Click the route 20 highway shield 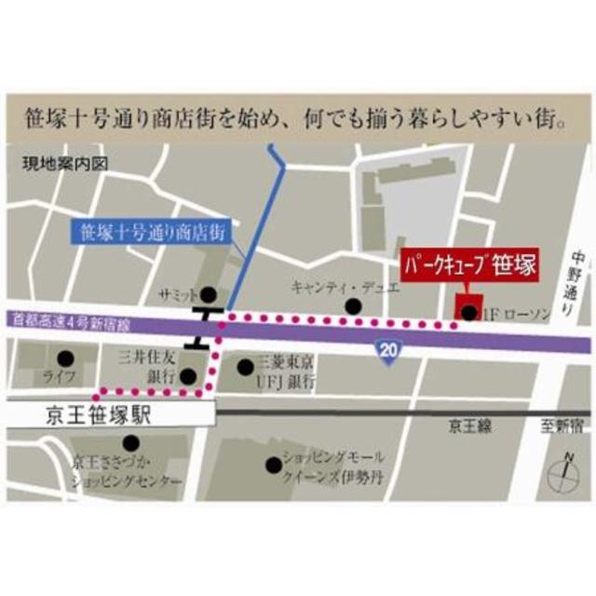[x=389, y=350]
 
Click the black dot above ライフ [x=64, y=358]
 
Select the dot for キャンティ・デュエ [x=352, y=305]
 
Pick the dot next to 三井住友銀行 [x=188, y=376]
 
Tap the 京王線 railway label [x=468, y=426]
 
